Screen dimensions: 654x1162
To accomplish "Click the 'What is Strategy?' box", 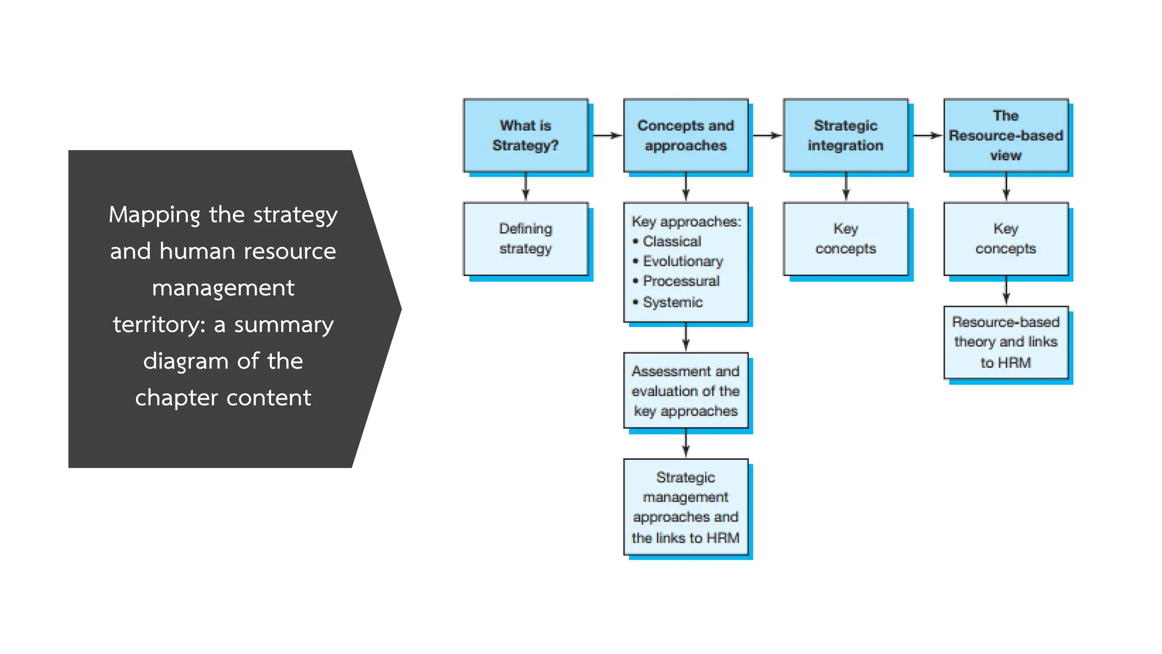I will coord(525,136).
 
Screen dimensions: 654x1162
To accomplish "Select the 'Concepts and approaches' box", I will coord(685,136).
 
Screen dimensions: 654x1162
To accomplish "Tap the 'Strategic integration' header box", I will coord(845,136).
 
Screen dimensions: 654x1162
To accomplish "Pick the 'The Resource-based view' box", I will coord(1005,136).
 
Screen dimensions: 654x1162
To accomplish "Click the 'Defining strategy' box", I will coord(525,239).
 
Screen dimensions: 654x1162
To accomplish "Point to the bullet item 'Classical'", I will coord(672,241).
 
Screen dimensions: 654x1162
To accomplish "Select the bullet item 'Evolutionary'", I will coord(683,261).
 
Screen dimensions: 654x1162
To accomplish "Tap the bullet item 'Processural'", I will coord(681,281).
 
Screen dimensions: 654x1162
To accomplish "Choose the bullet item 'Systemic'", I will coord(672,302).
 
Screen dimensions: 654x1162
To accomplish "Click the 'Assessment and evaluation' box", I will coord(685,391).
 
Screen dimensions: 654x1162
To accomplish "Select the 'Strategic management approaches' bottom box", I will coord(685,507).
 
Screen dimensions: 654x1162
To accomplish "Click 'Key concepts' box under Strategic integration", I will coord(845,239).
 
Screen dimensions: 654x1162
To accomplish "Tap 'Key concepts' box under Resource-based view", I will coord(1005,239).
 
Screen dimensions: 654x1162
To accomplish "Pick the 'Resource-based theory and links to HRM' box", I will coord(1005,342).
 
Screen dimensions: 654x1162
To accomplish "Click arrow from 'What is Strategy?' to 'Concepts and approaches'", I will coord(607,136).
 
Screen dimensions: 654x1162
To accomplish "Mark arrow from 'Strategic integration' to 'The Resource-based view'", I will coord(927,136).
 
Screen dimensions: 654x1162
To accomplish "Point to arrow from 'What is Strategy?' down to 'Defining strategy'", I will coord(525,187).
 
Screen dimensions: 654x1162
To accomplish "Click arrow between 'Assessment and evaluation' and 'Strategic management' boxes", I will coord(685,443).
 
